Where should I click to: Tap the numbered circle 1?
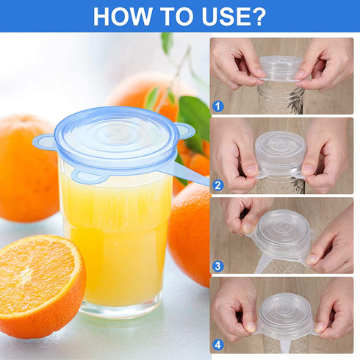217,106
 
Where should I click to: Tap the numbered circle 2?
217,185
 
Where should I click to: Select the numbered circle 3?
217,265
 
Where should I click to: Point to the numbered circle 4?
217,344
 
